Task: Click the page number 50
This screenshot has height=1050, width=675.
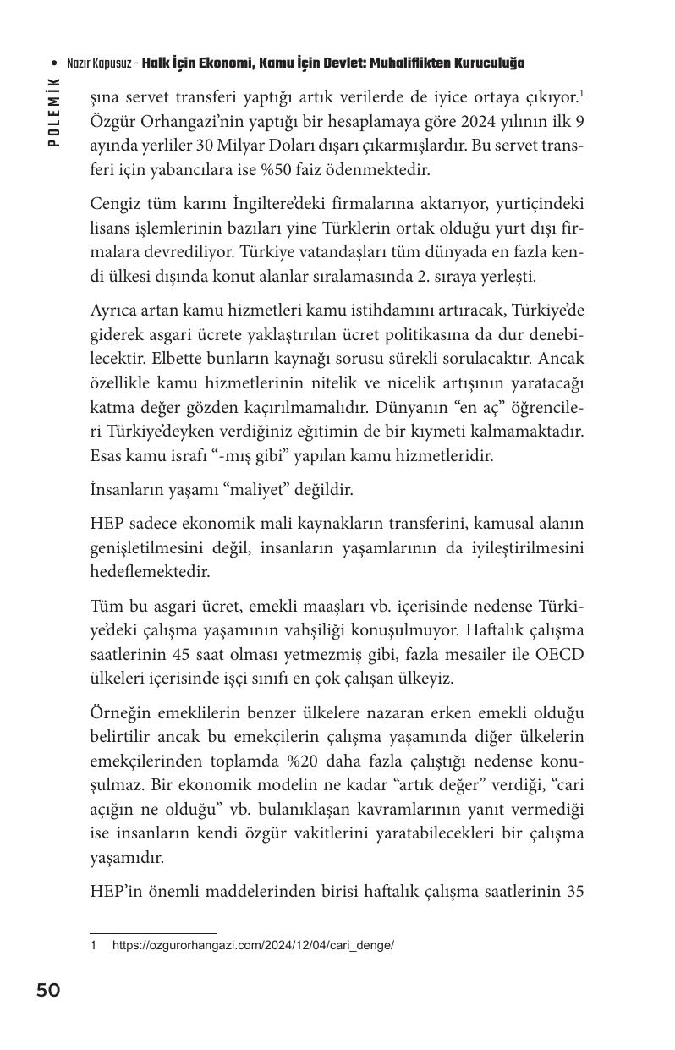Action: coord(48,990)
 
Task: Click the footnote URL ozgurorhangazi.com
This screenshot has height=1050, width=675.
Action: coord(253,944)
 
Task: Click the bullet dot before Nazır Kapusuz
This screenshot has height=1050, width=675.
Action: coord(54,63)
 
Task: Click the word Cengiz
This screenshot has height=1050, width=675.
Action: coord(117,204)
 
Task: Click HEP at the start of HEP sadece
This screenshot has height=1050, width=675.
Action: coord(107,525)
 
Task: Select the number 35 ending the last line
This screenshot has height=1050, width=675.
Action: coord(574,891)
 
